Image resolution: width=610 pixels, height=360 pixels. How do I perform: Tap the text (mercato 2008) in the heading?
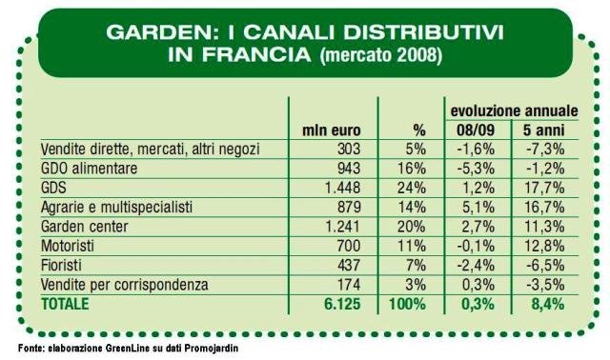tap(381, 55)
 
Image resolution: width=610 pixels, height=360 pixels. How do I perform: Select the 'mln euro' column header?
tap(332, 130)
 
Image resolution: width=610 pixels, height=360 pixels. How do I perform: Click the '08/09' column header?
tap(476, 130)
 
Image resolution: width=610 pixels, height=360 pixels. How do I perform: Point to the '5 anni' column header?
tap(543, 130)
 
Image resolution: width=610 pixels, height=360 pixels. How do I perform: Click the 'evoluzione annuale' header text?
tap(514, 111)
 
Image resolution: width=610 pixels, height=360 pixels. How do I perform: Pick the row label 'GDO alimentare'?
tap(89, 169)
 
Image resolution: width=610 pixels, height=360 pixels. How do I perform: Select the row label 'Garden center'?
tap(85, 227)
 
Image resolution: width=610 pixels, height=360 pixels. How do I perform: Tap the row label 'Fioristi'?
tap(61, 265)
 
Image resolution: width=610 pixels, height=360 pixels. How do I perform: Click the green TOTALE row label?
tap(65, 304)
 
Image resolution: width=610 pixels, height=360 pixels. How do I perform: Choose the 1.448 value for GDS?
tap(343, 188)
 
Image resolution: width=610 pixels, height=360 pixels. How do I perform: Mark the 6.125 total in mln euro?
tap(342, 304)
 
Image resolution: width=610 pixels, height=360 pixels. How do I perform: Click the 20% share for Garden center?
tap(412, 227)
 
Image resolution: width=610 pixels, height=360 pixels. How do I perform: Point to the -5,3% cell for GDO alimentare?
tap(476, 169)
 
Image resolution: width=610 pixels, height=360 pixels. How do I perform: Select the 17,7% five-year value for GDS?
tap(544, 188)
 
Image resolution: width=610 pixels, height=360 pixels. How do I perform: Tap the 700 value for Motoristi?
tap(349, 246)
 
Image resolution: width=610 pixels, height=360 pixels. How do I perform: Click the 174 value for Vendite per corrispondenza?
tap(349, 285)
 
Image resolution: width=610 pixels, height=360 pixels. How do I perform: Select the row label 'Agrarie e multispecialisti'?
tap(116, 207)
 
